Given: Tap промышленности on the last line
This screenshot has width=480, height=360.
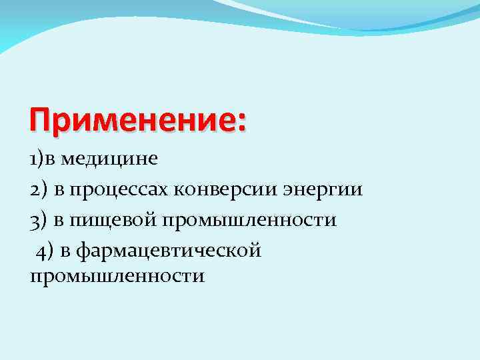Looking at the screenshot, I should click(117, 275).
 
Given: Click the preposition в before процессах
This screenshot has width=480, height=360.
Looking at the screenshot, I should click(59, 191).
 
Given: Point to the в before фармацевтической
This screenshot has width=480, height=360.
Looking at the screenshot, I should click(65, 251).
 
